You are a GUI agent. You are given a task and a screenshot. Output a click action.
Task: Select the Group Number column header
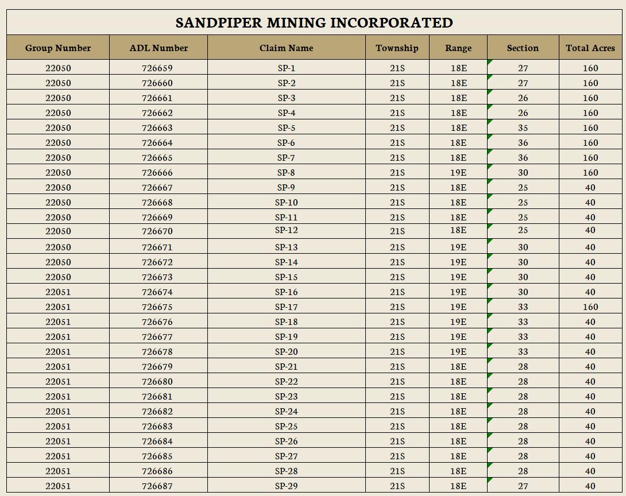pyautogui.click(x=58, y=48)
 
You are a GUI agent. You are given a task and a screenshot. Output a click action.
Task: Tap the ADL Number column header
pyautogui.click(x=159, y=48)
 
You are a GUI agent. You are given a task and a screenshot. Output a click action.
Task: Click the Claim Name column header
pyautogui.click(x=286, y=48)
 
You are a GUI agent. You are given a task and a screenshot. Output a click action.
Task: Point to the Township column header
pyautogui.click(x=397, y=48)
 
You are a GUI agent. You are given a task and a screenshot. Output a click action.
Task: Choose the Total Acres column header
pyautogui.click(x=590, y=48)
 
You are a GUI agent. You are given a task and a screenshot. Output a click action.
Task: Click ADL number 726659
pyautogui.click(x=157, y=68)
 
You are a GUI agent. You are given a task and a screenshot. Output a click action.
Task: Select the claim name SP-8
pyautogui.click(x=286, y=173)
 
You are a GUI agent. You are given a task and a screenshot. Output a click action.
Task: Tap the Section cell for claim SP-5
pyautogui.click(x=523, y=128)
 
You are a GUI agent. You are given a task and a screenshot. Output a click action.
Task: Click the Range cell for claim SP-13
pyautogui.click(x=458, y=247)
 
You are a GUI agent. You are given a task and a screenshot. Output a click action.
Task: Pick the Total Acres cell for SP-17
pyautogui.click(x=590, y=307)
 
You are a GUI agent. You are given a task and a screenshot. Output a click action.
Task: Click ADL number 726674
pyautogui.click(x=157, y=292)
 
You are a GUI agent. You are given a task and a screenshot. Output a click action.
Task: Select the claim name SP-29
pyautogui.click(x=286, y=486)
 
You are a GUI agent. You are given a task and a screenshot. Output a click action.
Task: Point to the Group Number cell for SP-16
pyautogui.click(x=58, y=292)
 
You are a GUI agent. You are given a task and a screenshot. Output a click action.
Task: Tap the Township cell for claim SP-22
pyautogui.click(x=397, y=382)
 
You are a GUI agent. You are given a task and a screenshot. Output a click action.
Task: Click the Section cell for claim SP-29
pyautogui.click(x=523, y=486)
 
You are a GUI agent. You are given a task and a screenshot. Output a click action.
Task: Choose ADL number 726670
pyautogui.click(x=157, y=231)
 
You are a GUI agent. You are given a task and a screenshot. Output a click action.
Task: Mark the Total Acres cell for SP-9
pyautogui.click(x=590, y=188)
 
